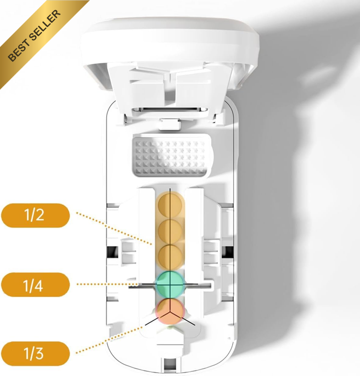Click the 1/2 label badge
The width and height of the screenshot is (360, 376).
point(36,215)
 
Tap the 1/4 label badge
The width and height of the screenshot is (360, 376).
point(36,285)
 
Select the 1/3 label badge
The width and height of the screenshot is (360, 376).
point(36,354)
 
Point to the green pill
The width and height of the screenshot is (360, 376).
point(170,285)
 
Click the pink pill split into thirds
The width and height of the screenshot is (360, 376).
point(170,311)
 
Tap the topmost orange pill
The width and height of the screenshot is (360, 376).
point(170,205)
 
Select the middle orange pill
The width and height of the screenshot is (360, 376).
point(170,232)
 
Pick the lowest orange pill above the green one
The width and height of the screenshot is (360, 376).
point(170,258)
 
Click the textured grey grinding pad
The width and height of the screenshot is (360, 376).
point(172,156)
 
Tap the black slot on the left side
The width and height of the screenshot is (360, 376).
point(111,252)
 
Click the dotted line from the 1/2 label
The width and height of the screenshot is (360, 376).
point(114,228)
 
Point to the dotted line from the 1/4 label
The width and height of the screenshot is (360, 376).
point(107,284)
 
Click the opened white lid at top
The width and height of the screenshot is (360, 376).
point(170,55)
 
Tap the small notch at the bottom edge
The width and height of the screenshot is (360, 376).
point(170,365)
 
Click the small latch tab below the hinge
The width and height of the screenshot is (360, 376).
point(170,124)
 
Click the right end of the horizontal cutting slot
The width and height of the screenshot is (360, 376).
point(211,285)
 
